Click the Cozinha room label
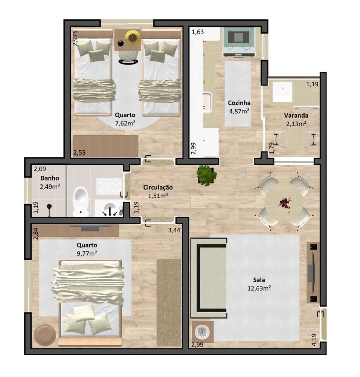(x=239, y=103)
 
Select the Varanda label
(x=296, y=115)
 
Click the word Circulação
(x=158, y=187)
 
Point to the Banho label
(x=49, y=178)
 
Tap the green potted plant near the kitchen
(x=206, y=175)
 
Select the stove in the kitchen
(x=239, y=42)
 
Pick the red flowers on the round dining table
(x=285, y=204)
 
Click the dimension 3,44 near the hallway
(x=174, y=230)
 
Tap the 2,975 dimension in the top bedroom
(x=76, y=38)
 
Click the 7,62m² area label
(x=125, y=123)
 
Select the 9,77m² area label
(x=87, y=253)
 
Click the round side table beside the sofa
(x=203, y=332)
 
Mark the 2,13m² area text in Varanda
(x=296, y=123)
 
